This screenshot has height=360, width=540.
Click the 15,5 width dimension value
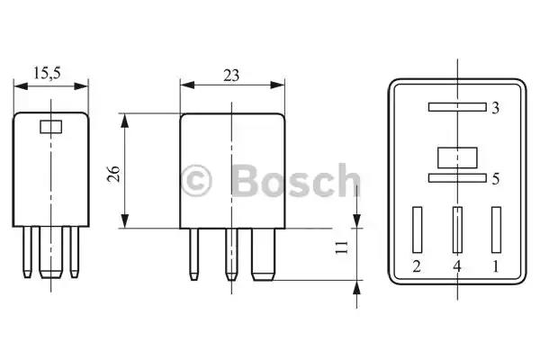pos(52,72)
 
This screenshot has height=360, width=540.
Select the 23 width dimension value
pos(230,76)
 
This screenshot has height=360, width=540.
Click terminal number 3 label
pos(495,108)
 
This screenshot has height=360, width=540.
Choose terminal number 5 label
pos(495,179)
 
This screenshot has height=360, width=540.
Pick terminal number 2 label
pos(416,266)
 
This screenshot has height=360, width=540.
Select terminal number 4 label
pos(456,266)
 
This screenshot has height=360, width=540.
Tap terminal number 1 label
pos(495,266)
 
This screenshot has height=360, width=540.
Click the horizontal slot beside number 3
pos(456,107)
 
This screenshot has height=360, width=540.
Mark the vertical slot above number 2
pos(417,229)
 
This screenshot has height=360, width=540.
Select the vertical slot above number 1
pos(495,229)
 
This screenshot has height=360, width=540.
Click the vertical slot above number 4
pos(456,229)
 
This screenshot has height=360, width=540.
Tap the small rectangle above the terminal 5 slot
pos(456,157)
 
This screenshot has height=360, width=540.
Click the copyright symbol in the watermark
pos(196,179)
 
